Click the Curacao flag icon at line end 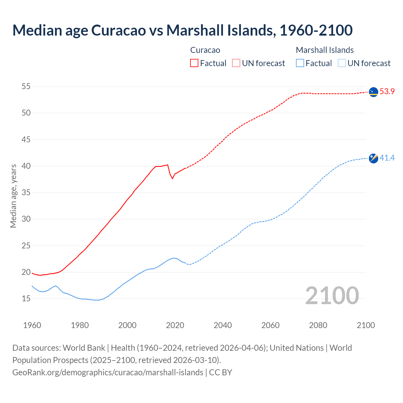click(x=373, y=92)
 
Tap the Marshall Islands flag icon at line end click(x=373, y=158)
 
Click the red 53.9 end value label click(x=387, y=92)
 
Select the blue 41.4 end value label click(x=387, y=158)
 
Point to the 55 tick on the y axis click(x=26, y=86)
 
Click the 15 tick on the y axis click(x=26, y=298)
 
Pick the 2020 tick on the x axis click(x=175, y=325)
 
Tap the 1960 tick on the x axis click(x=32, y=325)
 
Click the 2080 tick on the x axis click(x=318, y=325)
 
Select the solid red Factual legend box click(x=194, y=63)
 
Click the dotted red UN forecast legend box click(x=236, y=63)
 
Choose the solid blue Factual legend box click(x=300, y=63)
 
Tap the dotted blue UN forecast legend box click(x=342, y=63)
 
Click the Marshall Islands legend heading click(x=325, y=50)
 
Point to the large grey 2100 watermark click(x=332, y=295)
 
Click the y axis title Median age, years click(x=13, y=196)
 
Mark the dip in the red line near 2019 click(x=172, y=179)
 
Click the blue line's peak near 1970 click(x=56, y=286)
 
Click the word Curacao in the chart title click(x=119, y=30)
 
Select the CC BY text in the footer click(x=220, y=372)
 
